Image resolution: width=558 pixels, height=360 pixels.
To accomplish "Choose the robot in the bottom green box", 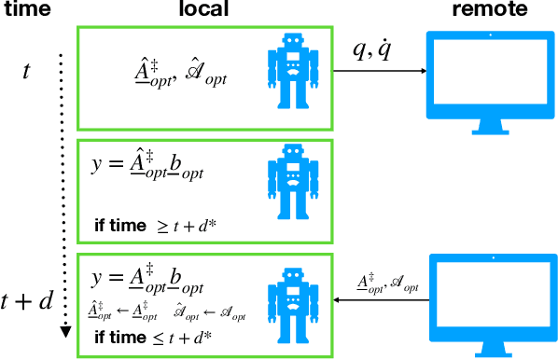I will point(294,299).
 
